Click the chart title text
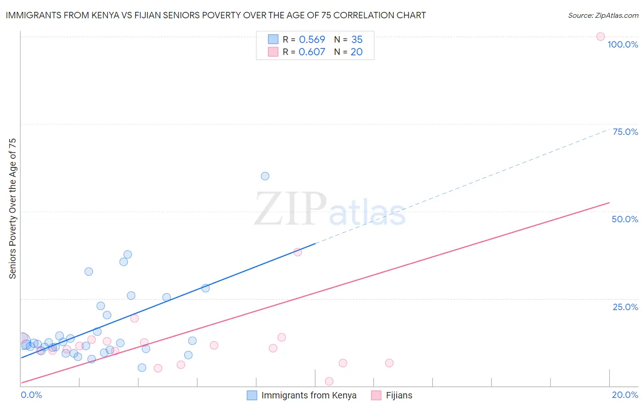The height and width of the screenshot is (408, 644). pos(216,15)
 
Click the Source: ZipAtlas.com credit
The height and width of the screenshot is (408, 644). pos(603,15)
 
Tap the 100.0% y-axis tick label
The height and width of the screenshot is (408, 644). pos(622,44)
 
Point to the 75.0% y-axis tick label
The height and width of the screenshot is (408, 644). pos(625,132)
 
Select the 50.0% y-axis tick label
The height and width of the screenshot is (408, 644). pos(625,219)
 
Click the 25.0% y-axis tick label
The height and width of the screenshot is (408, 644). pos(625,307)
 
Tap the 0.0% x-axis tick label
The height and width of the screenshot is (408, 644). pos(31,395)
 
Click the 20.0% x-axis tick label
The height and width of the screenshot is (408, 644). pos(625,395)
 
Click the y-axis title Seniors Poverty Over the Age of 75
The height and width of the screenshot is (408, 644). pos(12,209)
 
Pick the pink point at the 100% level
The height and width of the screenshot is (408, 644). pos(600,37)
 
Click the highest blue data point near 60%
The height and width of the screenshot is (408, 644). pos(265,176)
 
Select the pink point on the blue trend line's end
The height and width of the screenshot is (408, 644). pos(298,252)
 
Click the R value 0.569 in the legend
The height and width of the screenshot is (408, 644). pos(312,40)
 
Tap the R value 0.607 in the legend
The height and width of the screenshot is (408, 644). pos(312,52)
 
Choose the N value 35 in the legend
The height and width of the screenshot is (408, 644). pos(357,40)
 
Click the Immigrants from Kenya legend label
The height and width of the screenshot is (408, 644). pos(309,395)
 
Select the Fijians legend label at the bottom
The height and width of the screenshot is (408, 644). pos(399,395)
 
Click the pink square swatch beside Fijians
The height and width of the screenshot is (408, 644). pos(376,395)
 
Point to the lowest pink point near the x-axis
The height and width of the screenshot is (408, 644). pos(329,381)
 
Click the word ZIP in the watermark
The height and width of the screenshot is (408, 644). pos(290,209)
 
